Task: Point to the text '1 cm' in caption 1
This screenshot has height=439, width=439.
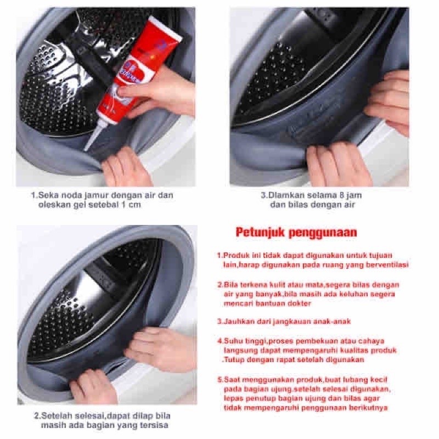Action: coord(131,205)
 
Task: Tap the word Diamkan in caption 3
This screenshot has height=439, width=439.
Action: coord(284,195)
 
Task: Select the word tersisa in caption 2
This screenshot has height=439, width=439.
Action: coord(155,426)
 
